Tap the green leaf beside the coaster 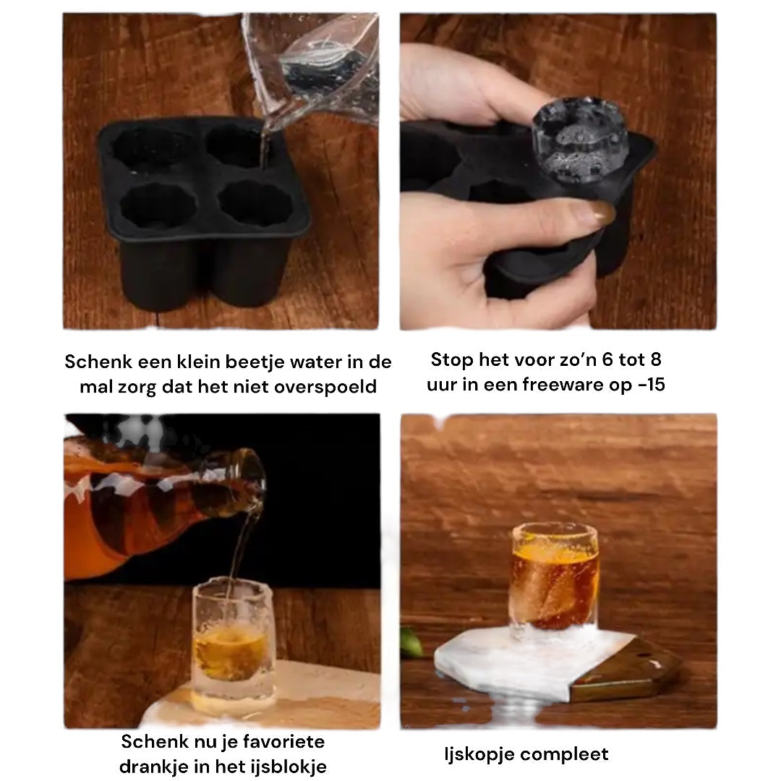[412, 643]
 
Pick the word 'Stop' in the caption [452, 360]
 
